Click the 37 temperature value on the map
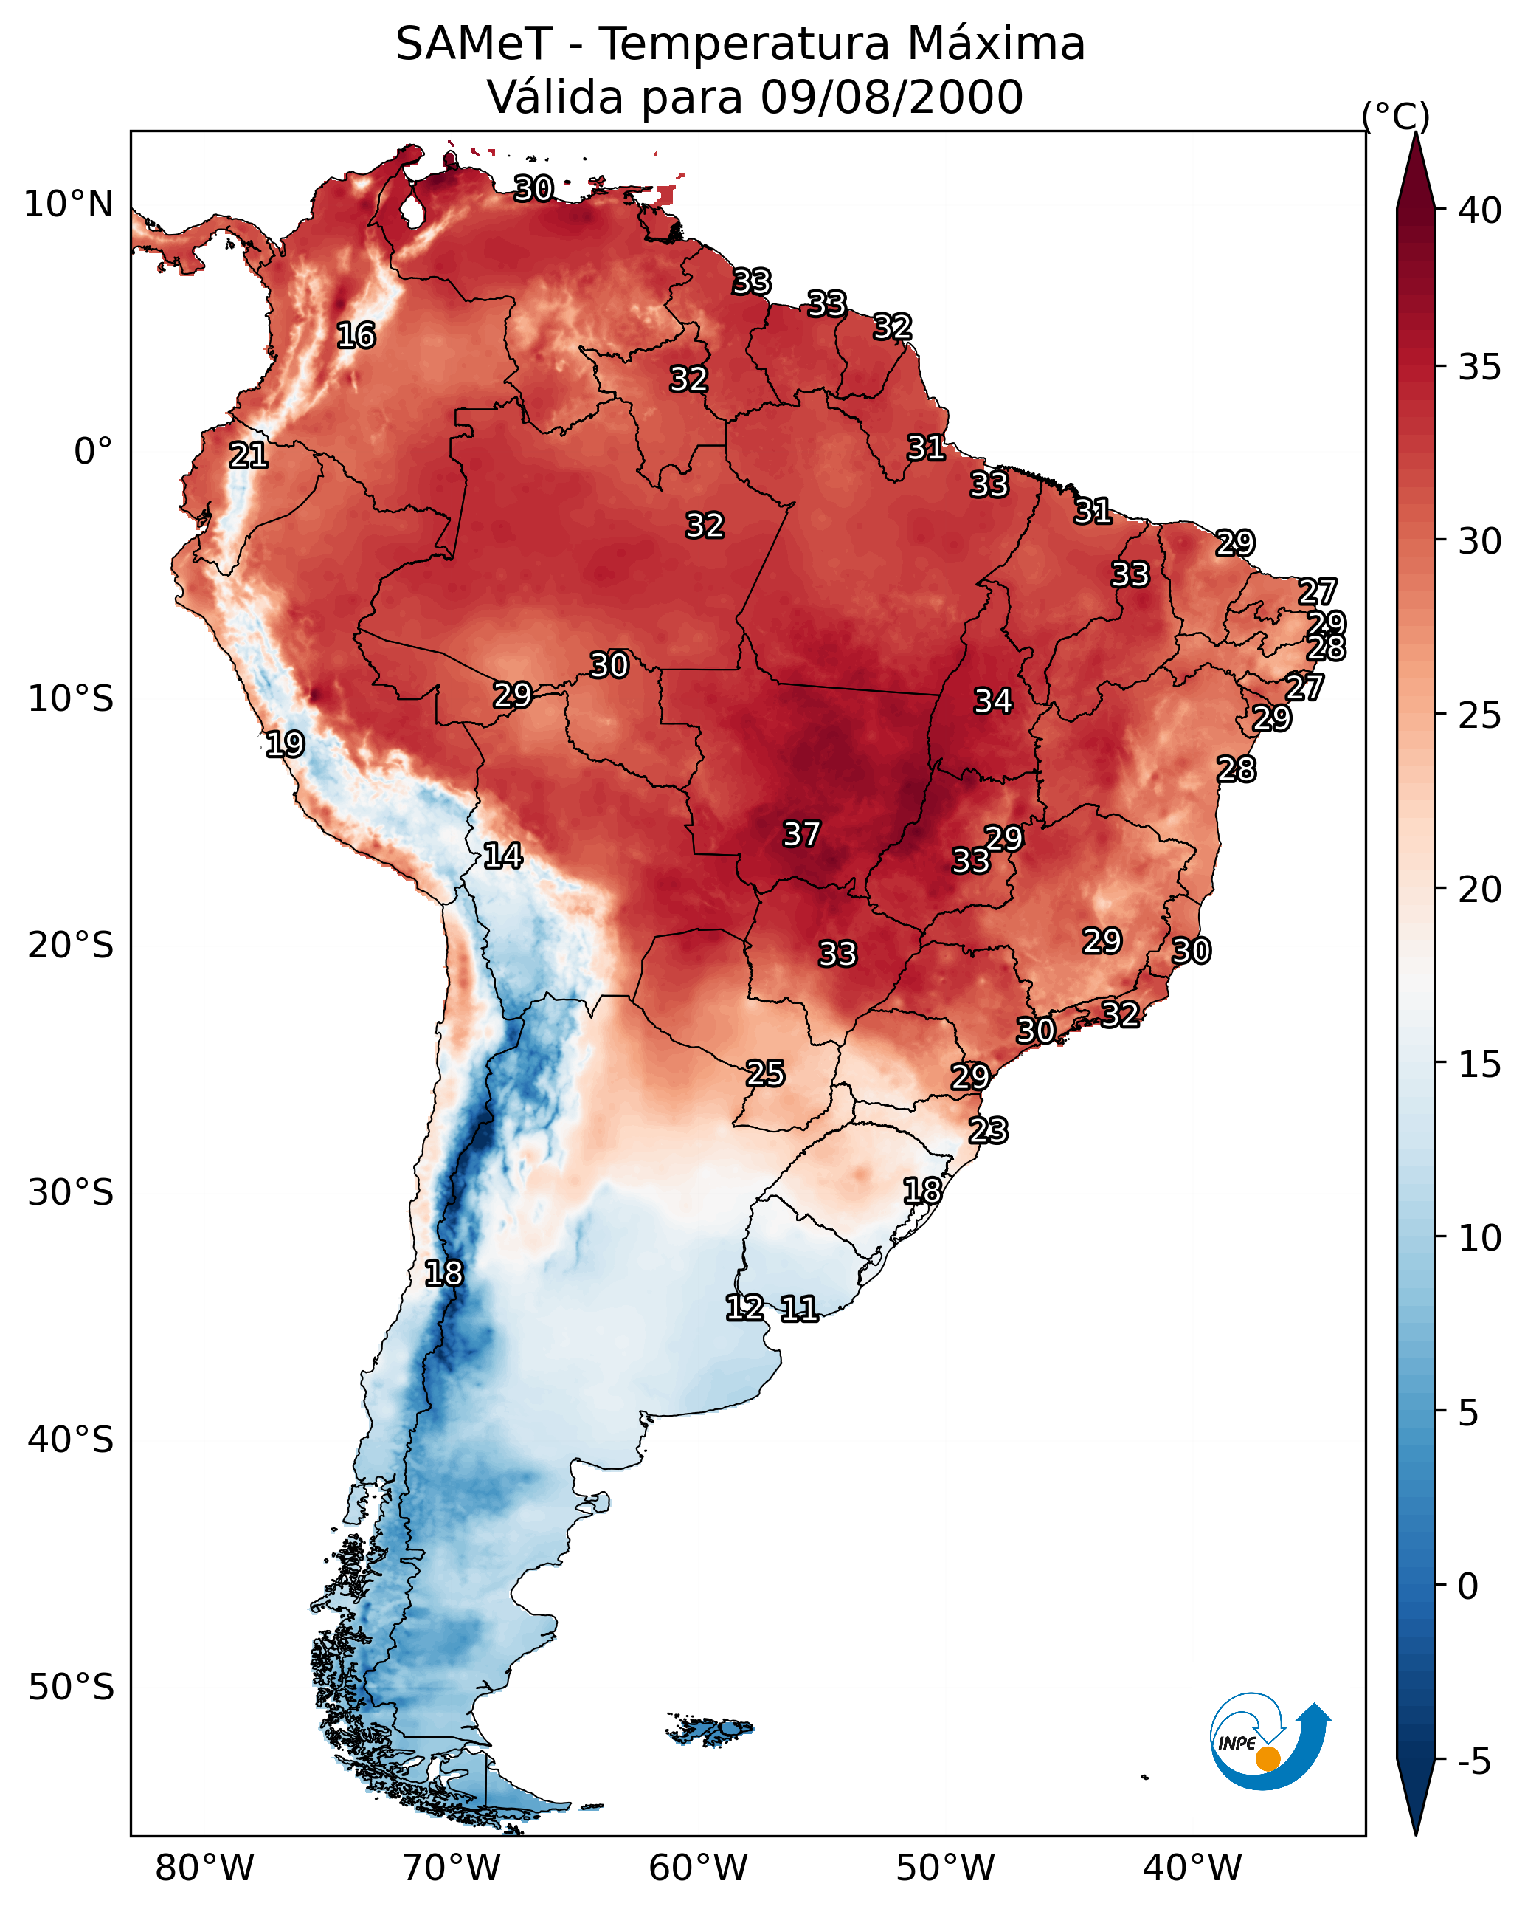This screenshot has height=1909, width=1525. point(801,834)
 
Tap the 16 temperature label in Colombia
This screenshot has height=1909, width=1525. point(356,336)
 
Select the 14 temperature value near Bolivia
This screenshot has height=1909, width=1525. point(502,856)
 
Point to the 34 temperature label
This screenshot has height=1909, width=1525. point(993,701)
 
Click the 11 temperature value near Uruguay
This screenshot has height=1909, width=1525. point(798,1309)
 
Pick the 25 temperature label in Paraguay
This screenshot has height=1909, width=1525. point(764,1074)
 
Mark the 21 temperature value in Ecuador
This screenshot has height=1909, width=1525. point(248,456)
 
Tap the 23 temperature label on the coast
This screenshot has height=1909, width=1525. point(988,1131)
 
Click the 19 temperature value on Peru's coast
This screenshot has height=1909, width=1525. point(285,745)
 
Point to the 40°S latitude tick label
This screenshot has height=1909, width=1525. point(70,1440)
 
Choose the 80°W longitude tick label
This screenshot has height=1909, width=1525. point(204,1868)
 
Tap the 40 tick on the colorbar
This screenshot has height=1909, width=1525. point(1480,210)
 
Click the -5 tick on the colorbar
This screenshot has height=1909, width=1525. point(1473,1762)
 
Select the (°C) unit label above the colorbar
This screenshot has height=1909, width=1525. point(1395,116)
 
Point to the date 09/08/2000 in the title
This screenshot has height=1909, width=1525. point(891,97)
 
